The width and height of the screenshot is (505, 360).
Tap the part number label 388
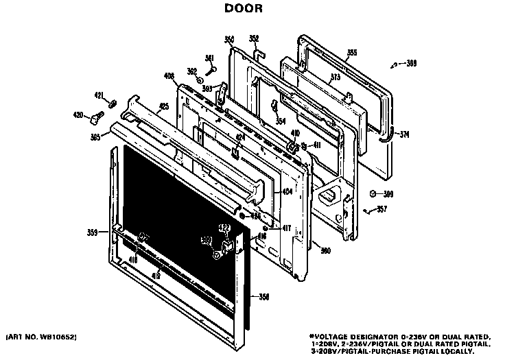tap(411, 64)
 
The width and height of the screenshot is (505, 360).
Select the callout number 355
tap(352, 53)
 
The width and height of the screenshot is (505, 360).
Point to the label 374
tap(405, 134)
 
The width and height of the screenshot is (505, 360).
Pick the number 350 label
tap(229, 39)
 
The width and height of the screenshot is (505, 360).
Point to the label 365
tap(95, 137)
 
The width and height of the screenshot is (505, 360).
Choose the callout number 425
tap(164, 106)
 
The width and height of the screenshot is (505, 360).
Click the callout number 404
tap(287, 193)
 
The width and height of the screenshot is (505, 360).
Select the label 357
tap(381, 209)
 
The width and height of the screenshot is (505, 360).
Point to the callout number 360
tap(325, 250)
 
